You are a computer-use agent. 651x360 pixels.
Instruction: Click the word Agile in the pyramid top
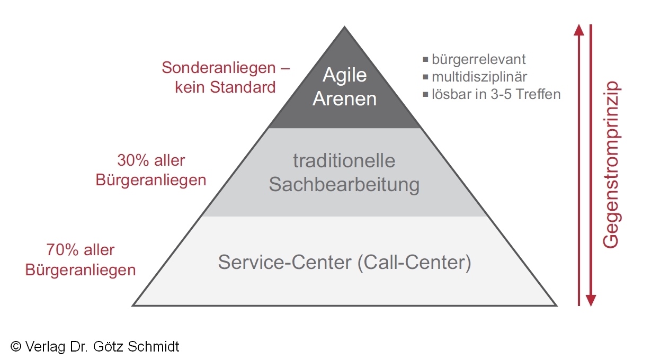(x=345, y=75)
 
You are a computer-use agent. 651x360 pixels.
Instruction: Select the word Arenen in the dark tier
(x=345, y=99)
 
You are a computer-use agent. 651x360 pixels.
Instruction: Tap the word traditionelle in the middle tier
(x=344, y=160)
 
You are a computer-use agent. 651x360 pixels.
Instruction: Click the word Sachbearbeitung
(x=344, y=185)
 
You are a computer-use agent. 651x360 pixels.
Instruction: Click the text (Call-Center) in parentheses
(x=414, y=263)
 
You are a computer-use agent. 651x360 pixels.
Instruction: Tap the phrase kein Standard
(x=225, y=87)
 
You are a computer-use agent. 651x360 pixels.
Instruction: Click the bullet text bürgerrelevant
(x=478, y=59)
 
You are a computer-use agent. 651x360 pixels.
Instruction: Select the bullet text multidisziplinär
(x=479, y=77)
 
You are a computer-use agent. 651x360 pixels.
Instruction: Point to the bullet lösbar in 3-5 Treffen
(x=496, y=95)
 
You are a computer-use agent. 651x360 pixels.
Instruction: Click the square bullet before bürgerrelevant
(x=425, y=59)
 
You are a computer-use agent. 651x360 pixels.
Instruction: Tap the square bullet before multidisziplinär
(x=425, y=77)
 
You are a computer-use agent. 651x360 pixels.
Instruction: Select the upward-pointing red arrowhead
(x=579, y=30)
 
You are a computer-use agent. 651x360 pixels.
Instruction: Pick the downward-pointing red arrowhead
(x=591, y=300)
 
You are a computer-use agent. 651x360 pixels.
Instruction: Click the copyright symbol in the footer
(x=16, y=347)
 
